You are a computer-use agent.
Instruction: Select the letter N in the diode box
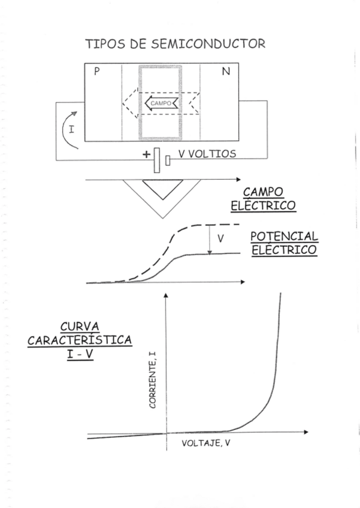(x=225, y=72)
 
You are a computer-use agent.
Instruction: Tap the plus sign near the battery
(x=146, y=155)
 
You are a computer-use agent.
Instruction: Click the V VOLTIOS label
(x=207, y=155)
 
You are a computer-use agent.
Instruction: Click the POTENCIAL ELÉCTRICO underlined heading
(x=284, y=243)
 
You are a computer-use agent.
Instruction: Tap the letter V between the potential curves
(x=220, y=238)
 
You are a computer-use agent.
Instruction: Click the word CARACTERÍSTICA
(x=80, y=340)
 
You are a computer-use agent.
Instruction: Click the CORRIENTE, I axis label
(x=153, y=380)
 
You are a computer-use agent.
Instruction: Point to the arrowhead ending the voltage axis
(x=306, y=432)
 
